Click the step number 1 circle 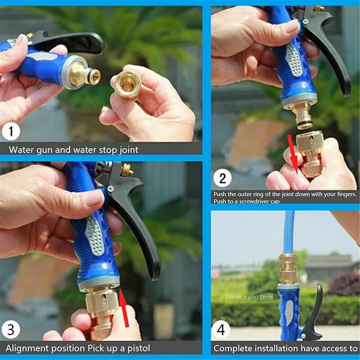[x=12, y=132]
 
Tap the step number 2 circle [x=222, y=178]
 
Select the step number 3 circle [x=12, y=330]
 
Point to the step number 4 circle [x=221, y=330]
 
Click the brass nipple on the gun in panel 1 [x=86, y=75]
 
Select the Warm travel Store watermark [x=249, y=297]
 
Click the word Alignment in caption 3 [x=27, y=348]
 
